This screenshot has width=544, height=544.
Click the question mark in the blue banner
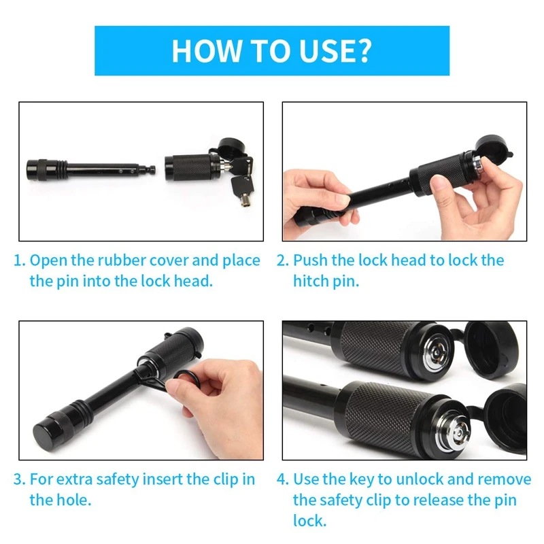362,50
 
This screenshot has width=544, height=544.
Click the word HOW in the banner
206,50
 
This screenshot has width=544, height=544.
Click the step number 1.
19,260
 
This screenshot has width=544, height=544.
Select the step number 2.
282,260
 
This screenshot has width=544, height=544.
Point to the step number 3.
19,479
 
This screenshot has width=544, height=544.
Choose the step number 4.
282,479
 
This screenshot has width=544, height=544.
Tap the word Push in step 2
310,260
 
